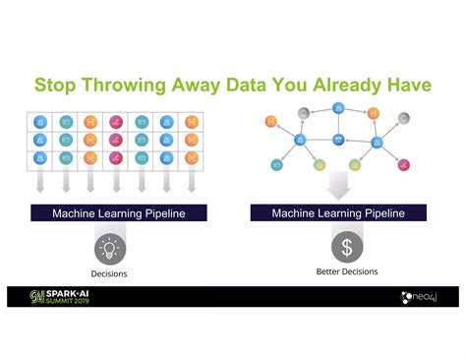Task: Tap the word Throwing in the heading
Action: pyautogui.click(x=137, y=86)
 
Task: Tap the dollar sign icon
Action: pyautogui.click(x=346, y=247)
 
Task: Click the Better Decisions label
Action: pyautogui.click(x=346, y=271)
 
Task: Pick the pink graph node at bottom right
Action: pyautogui.click(x=403, y=164)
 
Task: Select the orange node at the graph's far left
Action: pyautogui.click(x=271, y=122)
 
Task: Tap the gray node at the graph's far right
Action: pyautogui.click(x=403, y=119)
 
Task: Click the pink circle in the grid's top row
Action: pyautogui.click(x=116, y=123)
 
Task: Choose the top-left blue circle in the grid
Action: pyautogui.click(x=40, y=123)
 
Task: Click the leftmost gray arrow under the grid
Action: pyautogui.click(x=40, y=182)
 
